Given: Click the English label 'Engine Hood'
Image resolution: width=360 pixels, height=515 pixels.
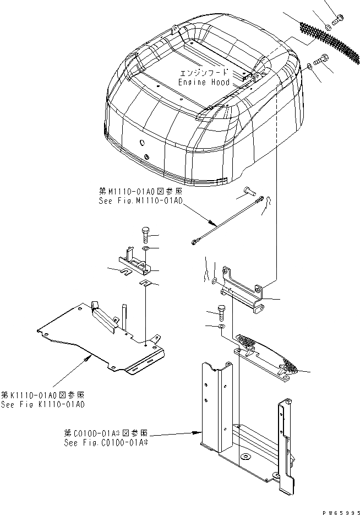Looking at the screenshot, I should [204, 82].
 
